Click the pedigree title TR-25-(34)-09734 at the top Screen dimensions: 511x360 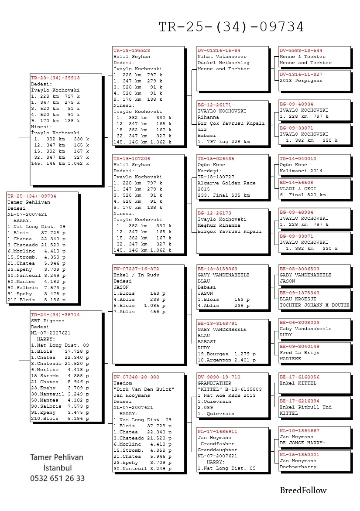(231, 27)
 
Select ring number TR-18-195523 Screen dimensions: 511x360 (131, 51)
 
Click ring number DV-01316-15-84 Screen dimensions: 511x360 (219, 51)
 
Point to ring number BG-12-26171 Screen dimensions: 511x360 (214, 105)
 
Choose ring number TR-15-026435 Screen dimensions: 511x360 (216, 159)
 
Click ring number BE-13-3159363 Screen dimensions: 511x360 (217, 269)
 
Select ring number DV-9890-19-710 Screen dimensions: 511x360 (219, 377)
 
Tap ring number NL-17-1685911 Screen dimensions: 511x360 (217, 431)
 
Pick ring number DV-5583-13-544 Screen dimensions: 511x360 (301, 51)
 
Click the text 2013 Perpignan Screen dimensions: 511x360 (301, 81)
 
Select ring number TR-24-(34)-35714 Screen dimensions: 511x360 (55, 314)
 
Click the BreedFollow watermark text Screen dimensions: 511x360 (303, 491)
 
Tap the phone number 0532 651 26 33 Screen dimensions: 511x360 (57, 478)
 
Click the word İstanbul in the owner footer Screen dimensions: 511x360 (57, 468)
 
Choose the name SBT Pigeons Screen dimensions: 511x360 (48, 320)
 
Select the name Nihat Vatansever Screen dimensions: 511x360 (222, 57)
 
